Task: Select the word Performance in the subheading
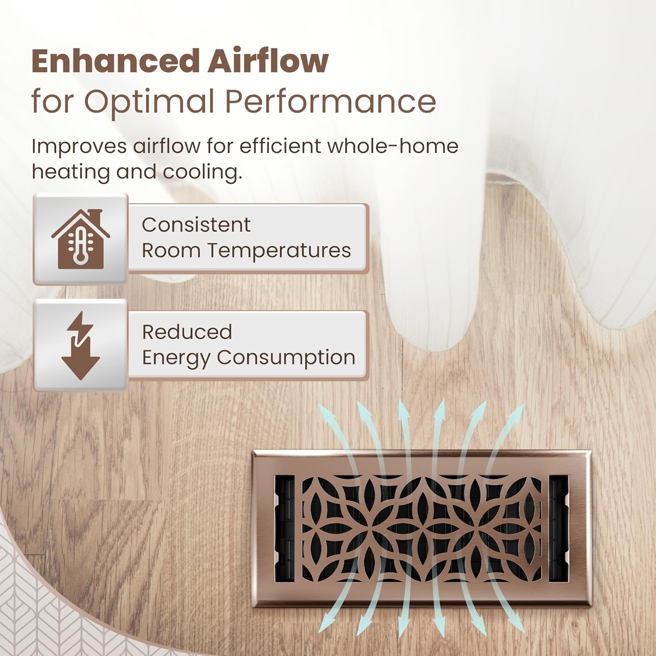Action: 331,102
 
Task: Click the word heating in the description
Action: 70,172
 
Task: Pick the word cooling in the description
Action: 202,172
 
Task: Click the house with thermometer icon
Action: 80,239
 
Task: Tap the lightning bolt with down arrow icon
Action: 80,345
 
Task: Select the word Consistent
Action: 196,225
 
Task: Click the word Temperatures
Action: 279,251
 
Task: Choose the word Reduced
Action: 187,332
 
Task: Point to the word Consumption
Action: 286,357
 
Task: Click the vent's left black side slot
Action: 285,530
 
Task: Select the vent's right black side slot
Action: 558,530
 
